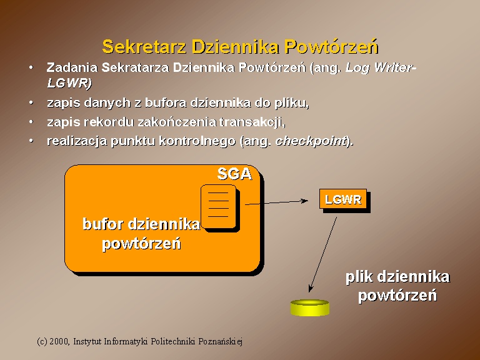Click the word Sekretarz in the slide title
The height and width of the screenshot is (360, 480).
(x=144, y=47)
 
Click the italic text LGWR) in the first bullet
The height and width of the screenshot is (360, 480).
(x=69, y=82)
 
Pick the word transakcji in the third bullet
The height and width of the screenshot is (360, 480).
(x=251, y=122)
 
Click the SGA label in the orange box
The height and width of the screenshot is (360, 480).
(x=234, y=174)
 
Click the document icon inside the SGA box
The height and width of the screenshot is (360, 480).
(x=219, y=207)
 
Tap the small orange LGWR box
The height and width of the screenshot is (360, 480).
(x=344, y=200)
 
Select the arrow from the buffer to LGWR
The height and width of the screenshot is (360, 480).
(x=276, y=202)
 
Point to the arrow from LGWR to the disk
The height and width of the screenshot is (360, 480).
(x=322, y=255)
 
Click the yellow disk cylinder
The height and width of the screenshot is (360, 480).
(x=310, y=307)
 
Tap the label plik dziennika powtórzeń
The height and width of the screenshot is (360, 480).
(x=397, y=286)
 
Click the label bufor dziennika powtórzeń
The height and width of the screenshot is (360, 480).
(x=141, y=234)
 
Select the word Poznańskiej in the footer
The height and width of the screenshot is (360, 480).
(x=221, y=341)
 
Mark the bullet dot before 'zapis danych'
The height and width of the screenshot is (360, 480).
(x=31, y=102)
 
